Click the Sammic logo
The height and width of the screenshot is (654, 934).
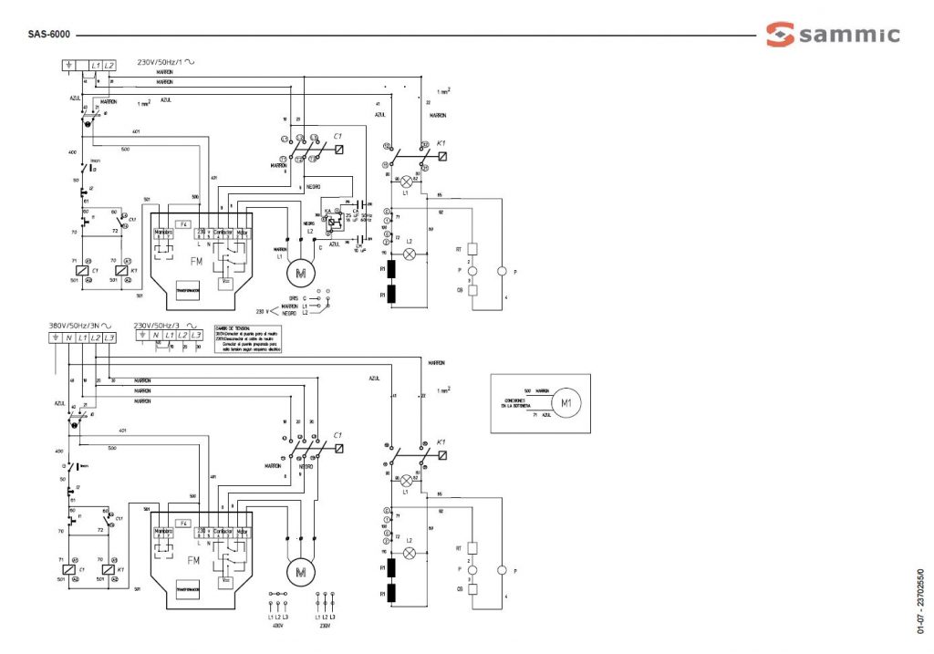tap(832, 35)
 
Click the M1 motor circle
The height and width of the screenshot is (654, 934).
tap(566, 402)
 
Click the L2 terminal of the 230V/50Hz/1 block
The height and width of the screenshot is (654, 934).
tap(109, 66)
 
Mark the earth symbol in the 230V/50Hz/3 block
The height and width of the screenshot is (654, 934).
tap(141, 335)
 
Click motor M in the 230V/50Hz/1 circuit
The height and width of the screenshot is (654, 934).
tap(300, 271)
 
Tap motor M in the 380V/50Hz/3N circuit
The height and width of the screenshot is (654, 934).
tap(300, 572)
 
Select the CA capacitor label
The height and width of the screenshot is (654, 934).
tap(354, 210)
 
